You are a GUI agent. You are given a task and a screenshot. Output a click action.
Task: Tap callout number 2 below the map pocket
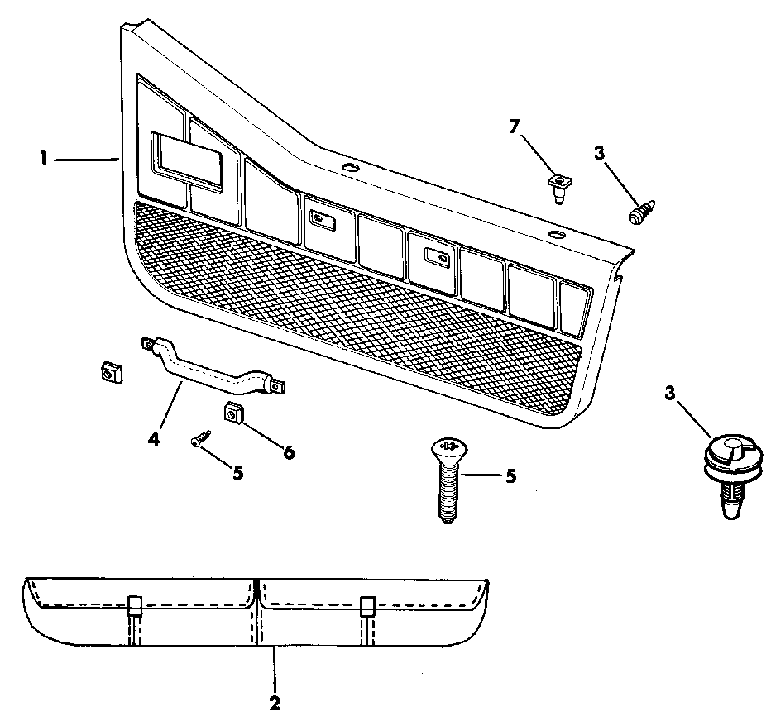click(x=275, y=704)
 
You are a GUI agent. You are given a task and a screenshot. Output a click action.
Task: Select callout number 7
click(x=515, y=126)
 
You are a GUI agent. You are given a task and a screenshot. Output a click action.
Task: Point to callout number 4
click(x=153, y=439)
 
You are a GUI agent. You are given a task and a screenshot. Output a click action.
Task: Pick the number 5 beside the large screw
click(x=510, y=476)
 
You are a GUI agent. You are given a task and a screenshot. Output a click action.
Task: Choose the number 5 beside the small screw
click(x=237, y=473)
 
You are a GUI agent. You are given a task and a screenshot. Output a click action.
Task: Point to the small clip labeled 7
click(x=559, y=185)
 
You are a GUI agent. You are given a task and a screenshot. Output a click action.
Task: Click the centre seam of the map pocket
click(x=258, y=612)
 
